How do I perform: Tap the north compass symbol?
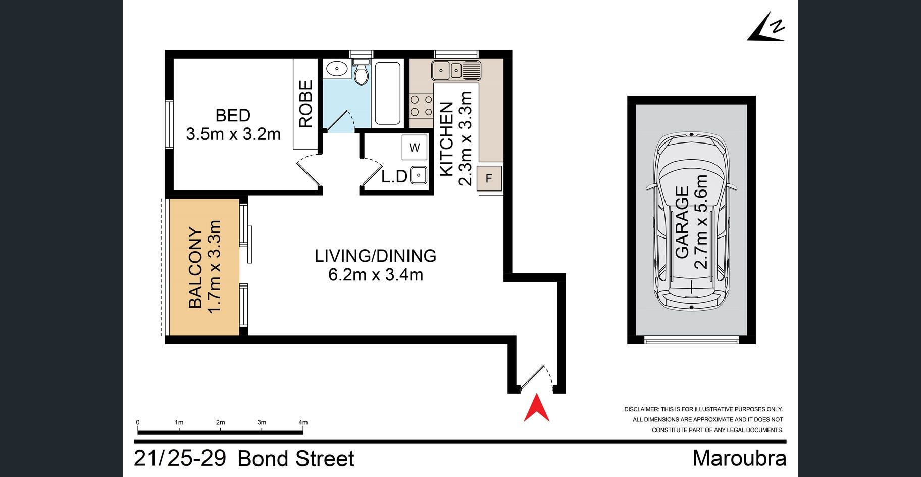[x=766, y=27]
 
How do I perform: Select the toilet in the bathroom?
[x=361, y=72]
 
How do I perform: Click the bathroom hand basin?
[x=336, y=68]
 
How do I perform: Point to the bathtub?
[x=388, y=93]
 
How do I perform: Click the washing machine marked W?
[x=415, y=148]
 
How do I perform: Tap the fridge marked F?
[x=489, y=178]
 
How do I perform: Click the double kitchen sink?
[x=456, y=70]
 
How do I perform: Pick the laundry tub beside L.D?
[x=419, y=175]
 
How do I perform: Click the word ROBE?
[x=306, y=104]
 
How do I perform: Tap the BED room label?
[x=233, y=115]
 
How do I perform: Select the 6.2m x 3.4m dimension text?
[x=376, y=275]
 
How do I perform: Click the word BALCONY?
[x=195, y=267]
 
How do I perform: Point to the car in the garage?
[x=691, y=221]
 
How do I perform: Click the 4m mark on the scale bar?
[x=303, y=422]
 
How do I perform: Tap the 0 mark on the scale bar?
[x=138, y=422]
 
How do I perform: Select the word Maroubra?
[x=739, y=458]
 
